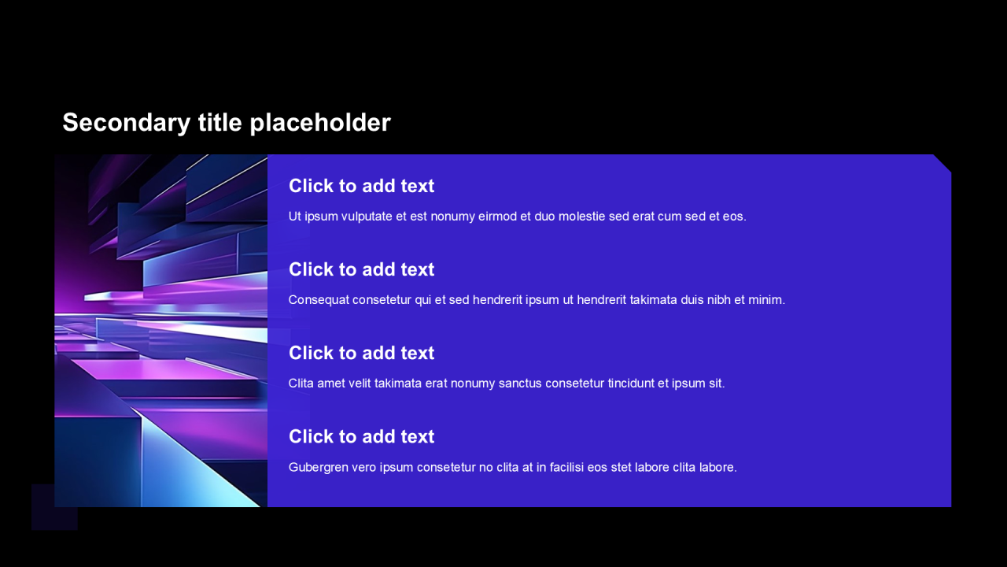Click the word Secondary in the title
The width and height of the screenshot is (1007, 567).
[127, 123]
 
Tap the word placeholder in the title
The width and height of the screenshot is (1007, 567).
[320, 123]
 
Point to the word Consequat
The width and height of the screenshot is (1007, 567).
[319, 300]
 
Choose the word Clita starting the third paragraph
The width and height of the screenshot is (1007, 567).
[301, 384]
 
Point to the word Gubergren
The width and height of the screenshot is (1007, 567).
[319, 468]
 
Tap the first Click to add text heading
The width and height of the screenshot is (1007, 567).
[361, 186]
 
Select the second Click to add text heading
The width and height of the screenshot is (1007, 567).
[361, 269]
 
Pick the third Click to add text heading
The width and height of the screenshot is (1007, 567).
[361, 354]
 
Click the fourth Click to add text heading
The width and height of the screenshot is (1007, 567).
[361, 436]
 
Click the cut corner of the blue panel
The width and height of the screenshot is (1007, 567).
[942, 163]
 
